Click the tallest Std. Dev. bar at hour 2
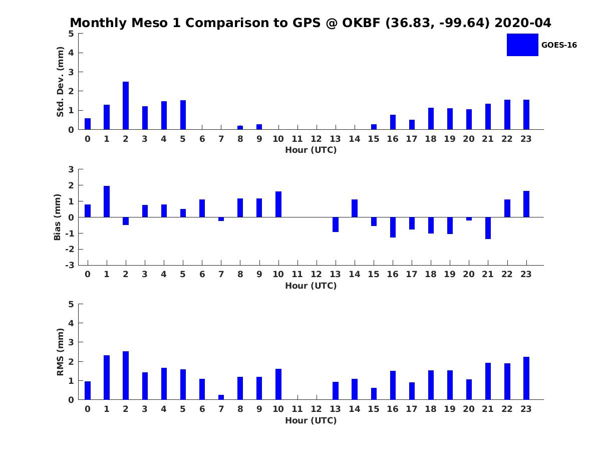pos(126,105)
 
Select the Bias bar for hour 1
pos(107,201)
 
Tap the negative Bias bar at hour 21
pos(488,228)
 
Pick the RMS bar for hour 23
pos(526,378)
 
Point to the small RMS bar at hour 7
pos(221,397)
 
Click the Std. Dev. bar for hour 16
pos(393,122)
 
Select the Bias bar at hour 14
pos(355,208)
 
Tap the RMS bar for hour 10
pos(278,384)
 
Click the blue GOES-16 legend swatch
pos(522,45)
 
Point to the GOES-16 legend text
pos(559,45)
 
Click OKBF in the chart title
pos(361,23)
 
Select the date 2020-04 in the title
pos(523,23)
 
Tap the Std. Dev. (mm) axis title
pos(60,82)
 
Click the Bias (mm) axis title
pos(57,217)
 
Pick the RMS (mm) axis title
pos(60,352)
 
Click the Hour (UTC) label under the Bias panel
pos(311,286)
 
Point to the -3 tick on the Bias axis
pos(70,265)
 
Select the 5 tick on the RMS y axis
pos(71,304)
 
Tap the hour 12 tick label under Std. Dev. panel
pos(316,139)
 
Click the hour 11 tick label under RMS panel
pos(297,409)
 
